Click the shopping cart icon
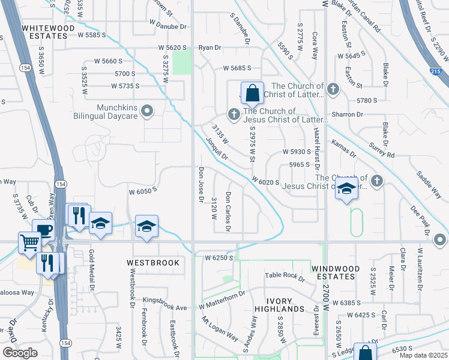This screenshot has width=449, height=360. coord(29,243)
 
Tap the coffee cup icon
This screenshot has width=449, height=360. coord(43,230)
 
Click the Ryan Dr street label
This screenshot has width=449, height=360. coord(210,47)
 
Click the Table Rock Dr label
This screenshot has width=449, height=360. coord(285,275)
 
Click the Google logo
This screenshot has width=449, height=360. coord(19,353)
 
